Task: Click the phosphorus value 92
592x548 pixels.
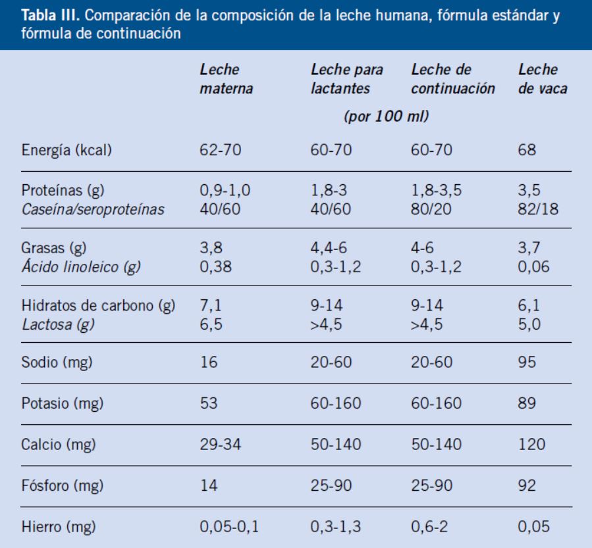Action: coord(527,487)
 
